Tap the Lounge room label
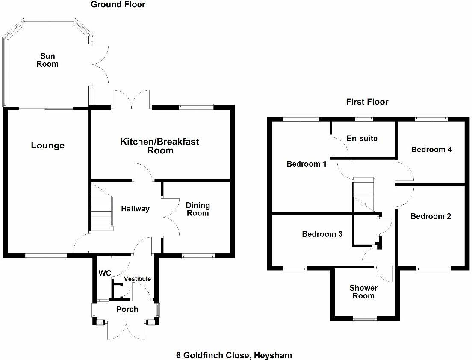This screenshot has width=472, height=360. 47,145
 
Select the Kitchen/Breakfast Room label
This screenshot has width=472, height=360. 160,146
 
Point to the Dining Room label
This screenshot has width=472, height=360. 198,209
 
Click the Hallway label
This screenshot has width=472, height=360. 135,209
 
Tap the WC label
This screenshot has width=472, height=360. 105,273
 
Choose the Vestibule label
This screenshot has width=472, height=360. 137,279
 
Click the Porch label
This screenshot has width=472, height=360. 127,309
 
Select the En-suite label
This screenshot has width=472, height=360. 362,139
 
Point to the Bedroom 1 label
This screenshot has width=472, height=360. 307,164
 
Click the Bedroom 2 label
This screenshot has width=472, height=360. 431,216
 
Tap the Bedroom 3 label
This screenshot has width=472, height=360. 322,234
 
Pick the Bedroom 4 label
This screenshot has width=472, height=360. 431,150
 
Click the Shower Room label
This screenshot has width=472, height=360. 363,292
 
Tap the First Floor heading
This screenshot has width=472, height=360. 367,102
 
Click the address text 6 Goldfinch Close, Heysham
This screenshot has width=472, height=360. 234,355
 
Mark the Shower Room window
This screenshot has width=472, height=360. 365,318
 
